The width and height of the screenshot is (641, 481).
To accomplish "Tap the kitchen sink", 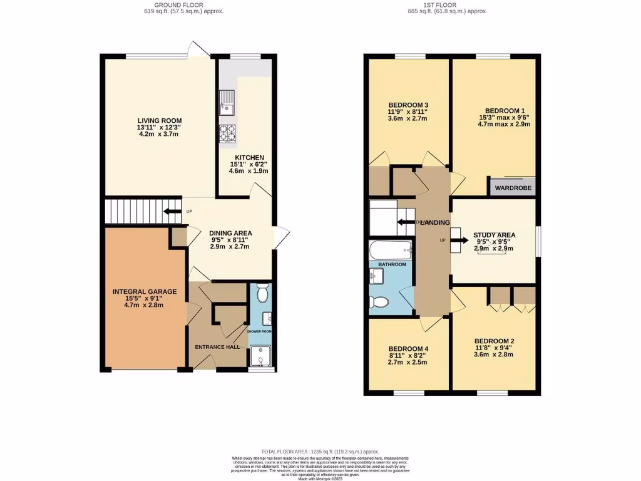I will coord(227,103).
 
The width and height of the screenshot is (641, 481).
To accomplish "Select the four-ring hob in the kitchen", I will coord(227,133).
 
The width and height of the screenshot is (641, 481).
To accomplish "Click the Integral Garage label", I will coord(145,291).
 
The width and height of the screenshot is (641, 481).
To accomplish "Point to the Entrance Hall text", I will coord(217,346).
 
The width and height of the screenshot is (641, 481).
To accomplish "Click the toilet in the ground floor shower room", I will coord(262,293).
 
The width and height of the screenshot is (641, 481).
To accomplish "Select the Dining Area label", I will coord(230,233).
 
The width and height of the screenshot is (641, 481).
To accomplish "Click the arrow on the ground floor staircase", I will coord(170,212).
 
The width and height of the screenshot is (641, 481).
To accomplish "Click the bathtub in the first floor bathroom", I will coord(390,251).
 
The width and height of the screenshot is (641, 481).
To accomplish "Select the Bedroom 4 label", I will coord(409,349).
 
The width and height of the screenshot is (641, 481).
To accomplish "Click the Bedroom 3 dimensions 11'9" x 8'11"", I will coord(408,112).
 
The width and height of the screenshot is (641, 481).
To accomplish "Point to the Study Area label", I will coord(494,235).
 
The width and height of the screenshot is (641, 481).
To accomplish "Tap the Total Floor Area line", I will coord(320,452).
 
